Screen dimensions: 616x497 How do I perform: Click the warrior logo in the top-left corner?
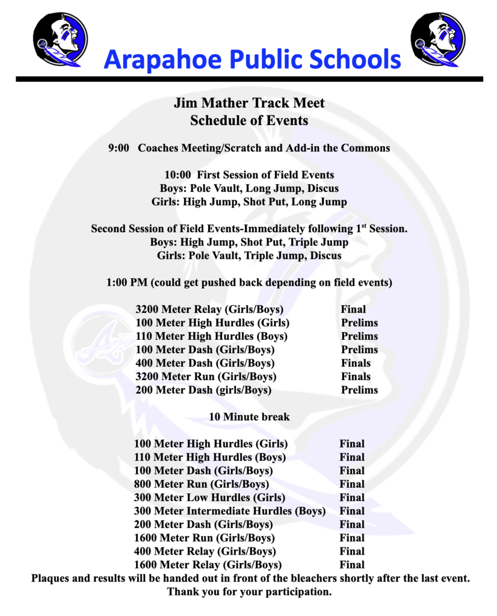pos(60,39)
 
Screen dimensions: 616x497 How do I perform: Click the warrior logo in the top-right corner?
pos(437,39)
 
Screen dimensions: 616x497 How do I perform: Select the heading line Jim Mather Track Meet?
pos(249,103)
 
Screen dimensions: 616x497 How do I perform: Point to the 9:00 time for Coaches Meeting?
pos(119,147)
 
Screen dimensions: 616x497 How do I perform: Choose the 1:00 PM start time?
pos(127,282)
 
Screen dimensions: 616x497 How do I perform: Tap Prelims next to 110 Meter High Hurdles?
pos(359,336)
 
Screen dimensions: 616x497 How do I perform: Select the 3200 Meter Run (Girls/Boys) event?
pos(206,377)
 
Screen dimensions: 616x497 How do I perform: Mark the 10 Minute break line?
pos(249,417)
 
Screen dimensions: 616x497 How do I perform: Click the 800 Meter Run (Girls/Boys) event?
pos(202,484)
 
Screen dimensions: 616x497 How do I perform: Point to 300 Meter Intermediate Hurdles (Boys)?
pos(230,511)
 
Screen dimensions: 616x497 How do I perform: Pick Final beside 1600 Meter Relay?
pos(352,565)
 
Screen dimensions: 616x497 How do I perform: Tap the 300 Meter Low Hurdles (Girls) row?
pos(209,497)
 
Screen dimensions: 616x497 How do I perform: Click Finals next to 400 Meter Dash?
pos(356,363)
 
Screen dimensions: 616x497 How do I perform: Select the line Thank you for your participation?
pos(249,592)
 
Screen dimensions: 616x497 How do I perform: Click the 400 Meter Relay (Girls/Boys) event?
pos(205,552)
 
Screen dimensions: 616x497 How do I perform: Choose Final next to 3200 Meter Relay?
pos(353,309)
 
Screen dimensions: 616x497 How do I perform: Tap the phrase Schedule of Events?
pos(249,120)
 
